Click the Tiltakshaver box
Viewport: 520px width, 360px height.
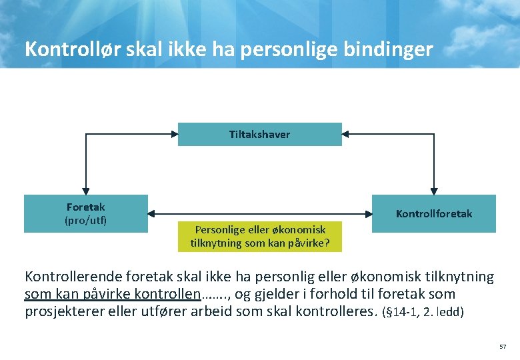click(259, 134)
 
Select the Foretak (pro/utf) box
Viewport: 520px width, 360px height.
click(85, 213)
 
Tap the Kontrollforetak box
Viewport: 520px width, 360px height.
click(433, 213)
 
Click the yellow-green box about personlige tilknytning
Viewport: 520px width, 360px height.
click(259, 237)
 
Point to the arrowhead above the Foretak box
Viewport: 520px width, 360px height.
click(85, 190)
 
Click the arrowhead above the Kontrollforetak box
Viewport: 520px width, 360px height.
click(434, 190)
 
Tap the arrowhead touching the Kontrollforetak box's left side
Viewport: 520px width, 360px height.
click(367, 213)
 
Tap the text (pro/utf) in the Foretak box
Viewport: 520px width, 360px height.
click(85, 220)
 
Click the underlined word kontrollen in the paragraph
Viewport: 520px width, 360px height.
click(167, 293)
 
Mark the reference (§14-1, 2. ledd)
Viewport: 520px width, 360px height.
click(422, 311)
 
